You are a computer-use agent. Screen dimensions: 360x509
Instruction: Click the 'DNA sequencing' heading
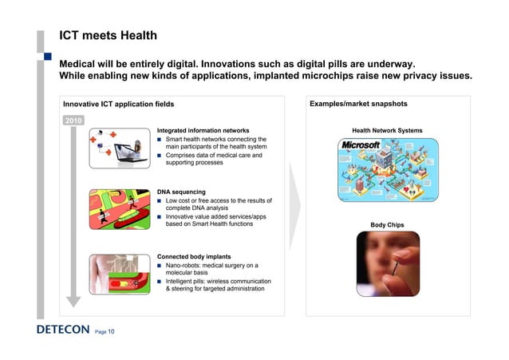182,192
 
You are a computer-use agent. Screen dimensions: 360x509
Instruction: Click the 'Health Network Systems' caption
387,130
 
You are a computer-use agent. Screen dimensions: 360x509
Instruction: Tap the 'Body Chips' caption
387,226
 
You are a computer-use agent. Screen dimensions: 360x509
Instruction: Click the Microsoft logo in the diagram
360,146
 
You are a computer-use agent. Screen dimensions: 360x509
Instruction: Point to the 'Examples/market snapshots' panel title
358,105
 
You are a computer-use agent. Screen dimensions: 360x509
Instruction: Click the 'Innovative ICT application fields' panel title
114,105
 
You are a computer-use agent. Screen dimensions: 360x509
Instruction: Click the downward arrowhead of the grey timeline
73,301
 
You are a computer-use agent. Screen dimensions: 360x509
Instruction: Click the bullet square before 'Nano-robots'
160,265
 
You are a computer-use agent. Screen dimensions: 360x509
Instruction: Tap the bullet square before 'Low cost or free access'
160,201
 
